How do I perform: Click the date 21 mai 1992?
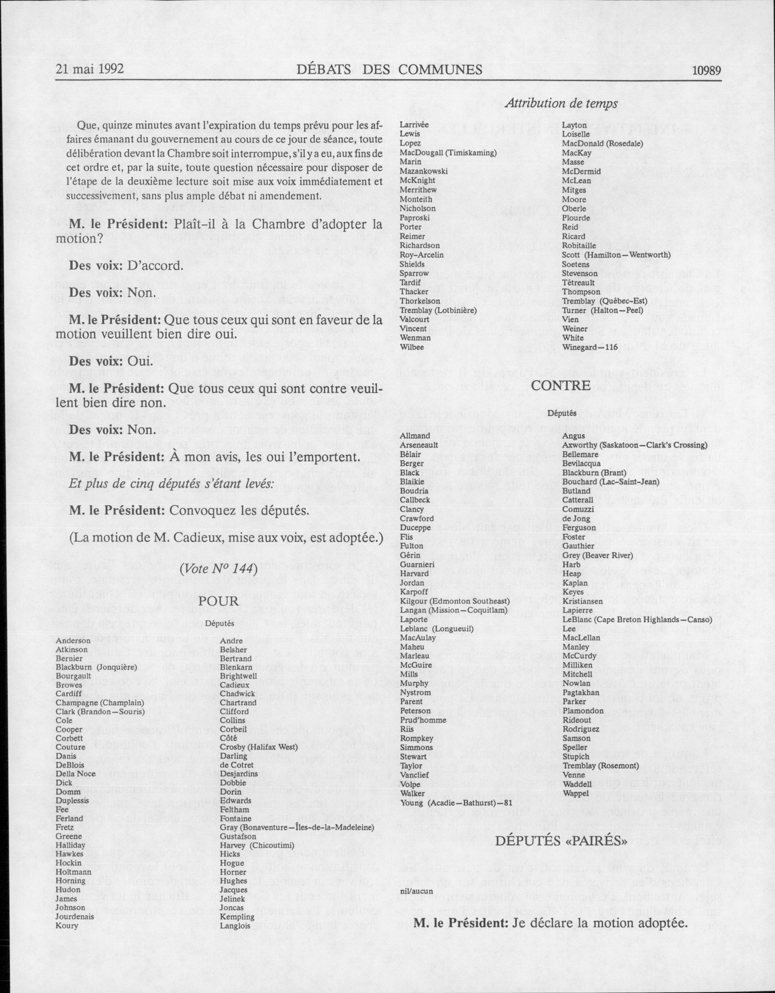(90, 70)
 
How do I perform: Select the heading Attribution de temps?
(561, 104)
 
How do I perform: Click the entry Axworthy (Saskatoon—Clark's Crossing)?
(634, 445)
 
